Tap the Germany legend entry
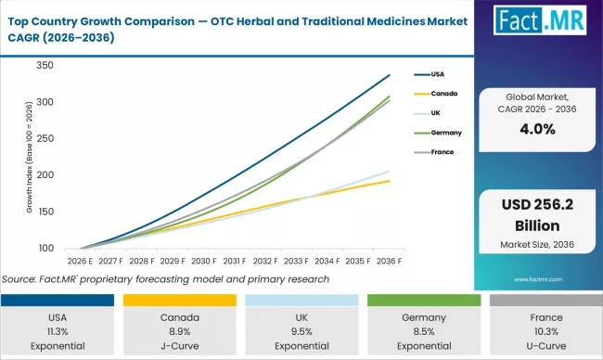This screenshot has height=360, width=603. coord(452,133)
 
